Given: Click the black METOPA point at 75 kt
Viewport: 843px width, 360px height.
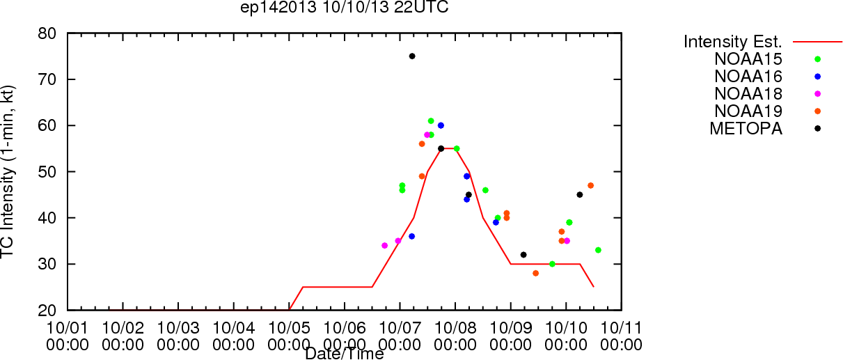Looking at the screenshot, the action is point(412,56).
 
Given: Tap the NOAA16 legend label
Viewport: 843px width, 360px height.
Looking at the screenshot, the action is point(748,77).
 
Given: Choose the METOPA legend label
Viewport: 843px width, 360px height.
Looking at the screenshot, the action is point(746,129).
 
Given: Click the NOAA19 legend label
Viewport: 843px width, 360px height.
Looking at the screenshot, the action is point(748,111).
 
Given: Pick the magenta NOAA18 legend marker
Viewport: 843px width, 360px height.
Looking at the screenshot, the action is point(817,94).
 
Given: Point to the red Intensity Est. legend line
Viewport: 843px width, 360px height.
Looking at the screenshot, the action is point(817,42).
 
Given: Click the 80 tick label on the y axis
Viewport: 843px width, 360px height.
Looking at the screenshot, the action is point(47,33).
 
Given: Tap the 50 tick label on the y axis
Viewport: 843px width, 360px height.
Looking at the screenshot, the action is point(47,172).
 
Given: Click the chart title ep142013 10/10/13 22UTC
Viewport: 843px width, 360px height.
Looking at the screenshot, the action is point(345,7).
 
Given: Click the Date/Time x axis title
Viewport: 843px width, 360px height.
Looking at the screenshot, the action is point(345,354).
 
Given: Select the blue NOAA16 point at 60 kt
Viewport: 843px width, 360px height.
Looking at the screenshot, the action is point(441,125).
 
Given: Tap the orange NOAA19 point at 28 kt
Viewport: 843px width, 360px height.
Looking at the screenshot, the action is point(535,274).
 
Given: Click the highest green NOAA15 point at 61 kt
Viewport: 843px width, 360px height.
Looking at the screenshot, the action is point(431,121).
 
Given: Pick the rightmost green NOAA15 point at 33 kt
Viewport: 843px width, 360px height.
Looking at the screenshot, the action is point(599,250).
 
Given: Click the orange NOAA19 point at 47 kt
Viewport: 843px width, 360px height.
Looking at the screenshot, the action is point(591,186).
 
